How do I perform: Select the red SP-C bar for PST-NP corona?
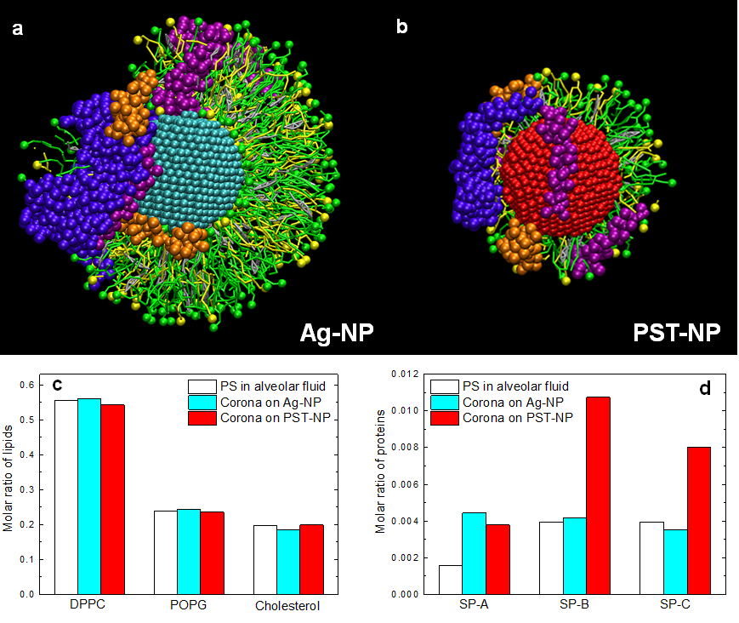click(698, 520)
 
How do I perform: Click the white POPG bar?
click(165, 552)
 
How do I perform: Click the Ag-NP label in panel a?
click(336, 332)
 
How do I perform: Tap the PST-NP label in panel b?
click(677, 332)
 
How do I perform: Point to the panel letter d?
click(704, 391)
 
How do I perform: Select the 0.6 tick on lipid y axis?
click(33, 385)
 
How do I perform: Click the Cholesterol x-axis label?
click(288, 606)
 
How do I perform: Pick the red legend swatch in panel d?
click(448, 418)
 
